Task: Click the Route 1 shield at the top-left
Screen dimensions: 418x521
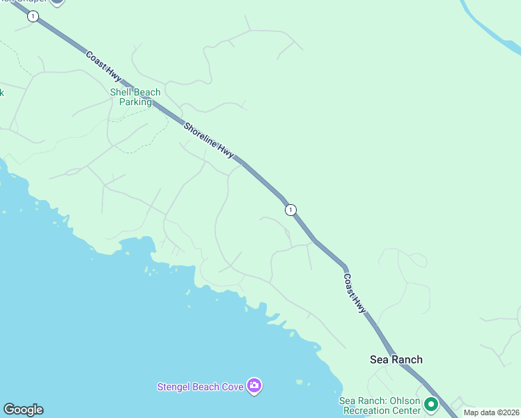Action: pos(33,16)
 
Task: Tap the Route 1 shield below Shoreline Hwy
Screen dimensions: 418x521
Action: pos(290,210)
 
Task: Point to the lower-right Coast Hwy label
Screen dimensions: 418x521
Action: pos(355,293)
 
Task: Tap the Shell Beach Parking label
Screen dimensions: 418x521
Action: pos(135,97)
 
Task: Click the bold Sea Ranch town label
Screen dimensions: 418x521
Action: pos(396,359)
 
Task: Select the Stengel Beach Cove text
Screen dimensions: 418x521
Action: pos(200,387)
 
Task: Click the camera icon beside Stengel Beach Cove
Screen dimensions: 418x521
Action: pos(254,386)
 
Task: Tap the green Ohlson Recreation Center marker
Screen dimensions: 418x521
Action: pos(431,403)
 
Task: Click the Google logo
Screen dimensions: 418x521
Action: pos(23,410)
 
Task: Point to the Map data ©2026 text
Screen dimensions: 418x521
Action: pos(492,413)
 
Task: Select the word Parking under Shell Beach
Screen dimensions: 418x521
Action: pos(135,102)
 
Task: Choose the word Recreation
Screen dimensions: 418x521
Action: pos(367,410)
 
